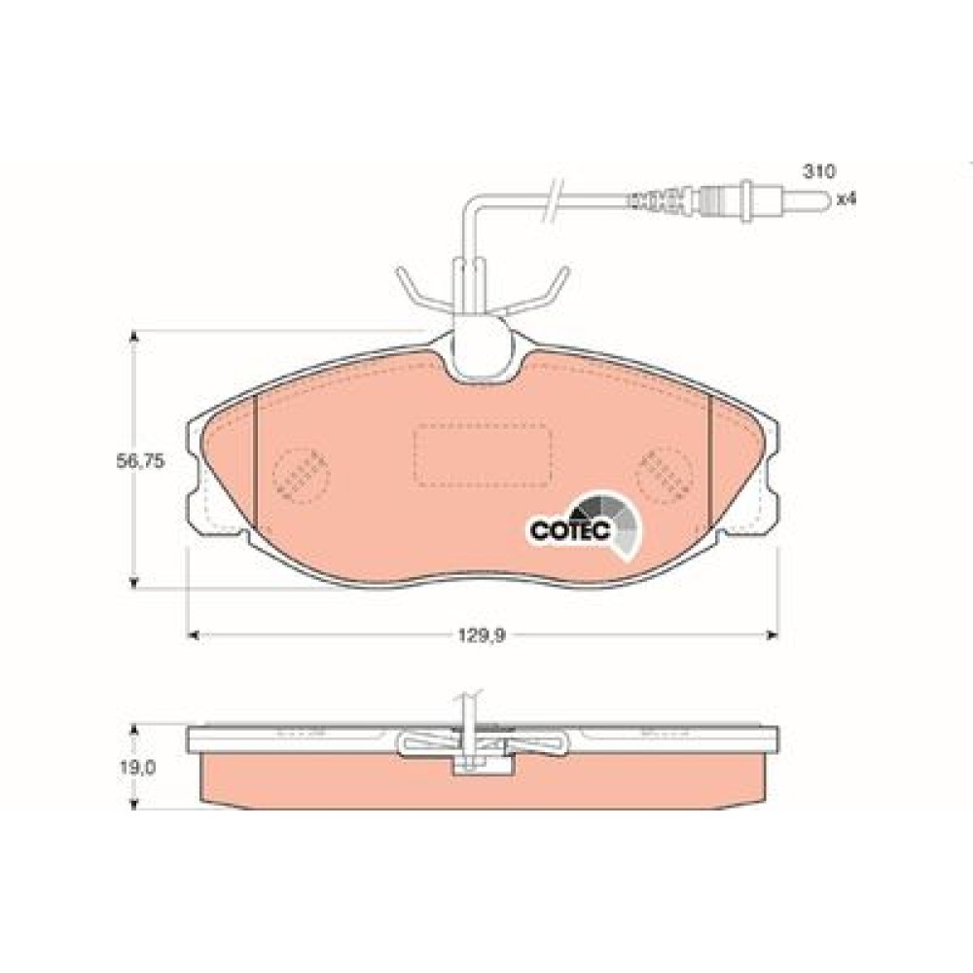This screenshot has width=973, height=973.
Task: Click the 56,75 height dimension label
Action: [x=141, y=461]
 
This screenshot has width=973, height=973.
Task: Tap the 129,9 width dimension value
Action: [x=483, y=635]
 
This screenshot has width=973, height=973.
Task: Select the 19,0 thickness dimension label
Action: [x=138, y=768]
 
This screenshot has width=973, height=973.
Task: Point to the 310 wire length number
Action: [x=819, y=171]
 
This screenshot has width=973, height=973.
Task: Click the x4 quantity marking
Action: [x=846, y=199]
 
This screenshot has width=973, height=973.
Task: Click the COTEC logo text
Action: [x=571, y=530]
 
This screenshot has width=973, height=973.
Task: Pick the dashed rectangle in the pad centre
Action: [x=483, y=454]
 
